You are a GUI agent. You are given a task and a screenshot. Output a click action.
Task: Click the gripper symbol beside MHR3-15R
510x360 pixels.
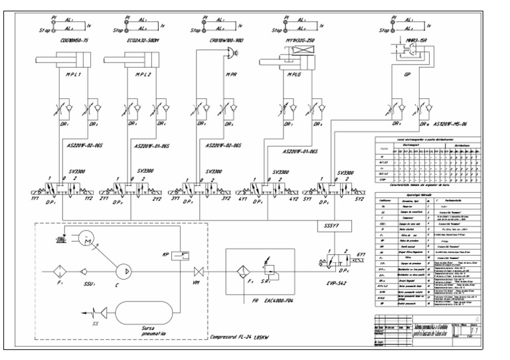point(406,66)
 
